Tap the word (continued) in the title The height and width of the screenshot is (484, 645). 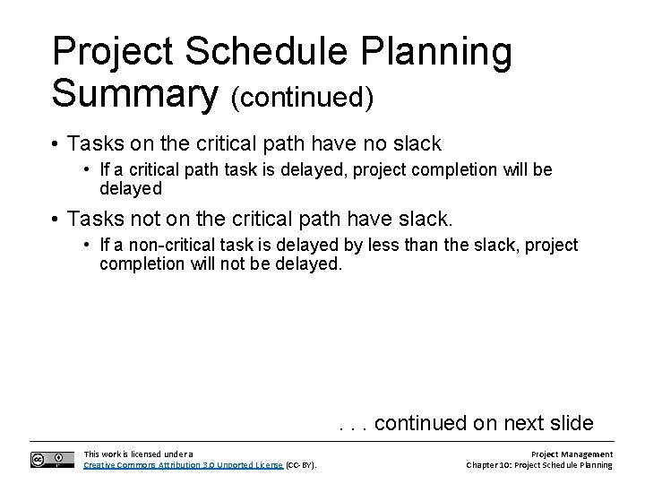click(x=302, y=97)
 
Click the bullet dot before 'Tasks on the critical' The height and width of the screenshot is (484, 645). click(x=56, y=144)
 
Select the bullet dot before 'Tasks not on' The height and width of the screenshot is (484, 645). click(x=56, y=218)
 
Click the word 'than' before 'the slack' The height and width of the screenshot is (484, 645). click(x=400, y=246)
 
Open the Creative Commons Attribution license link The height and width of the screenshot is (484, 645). click(x=183, y=465)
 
